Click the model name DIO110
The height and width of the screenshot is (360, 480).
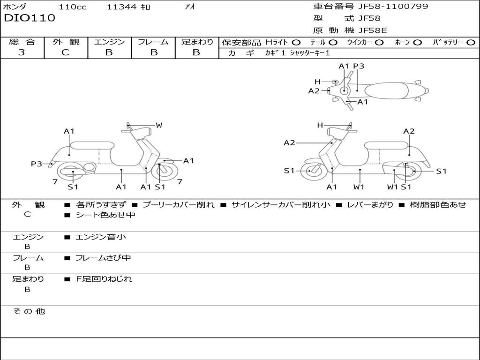30,18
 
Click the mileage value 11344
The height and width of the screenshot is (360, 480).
121,7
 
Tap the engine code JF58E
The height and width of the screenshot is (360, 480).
372,31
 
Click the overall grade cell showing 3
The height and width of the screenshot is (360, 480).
22,52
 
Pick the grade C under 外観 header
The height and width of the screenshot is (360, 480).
65,52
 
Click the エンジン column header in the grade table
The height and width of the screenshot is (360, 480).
109,42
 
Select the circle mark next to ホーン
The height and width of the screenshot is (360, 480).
417,42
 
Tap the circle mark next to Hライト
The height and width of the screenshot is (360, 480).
296,42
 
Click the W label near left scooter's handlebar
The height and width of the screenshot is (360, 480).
159,125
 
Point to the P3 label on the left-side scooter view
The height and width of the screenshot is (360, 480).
37,164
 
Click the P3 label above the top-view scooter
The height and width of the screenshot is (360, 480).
359,66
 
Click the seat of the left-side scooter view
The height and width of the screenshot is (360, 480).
91,145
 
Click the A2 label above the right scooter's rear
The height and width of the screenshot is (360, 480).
409,131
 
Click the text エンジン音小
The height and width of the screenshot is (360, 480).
101,237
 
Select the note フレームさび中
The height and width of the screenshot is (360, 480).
103,258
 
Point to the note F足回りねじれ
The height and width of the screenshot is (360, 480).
104,279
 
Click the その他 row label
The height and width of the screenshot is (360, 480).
29,311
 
